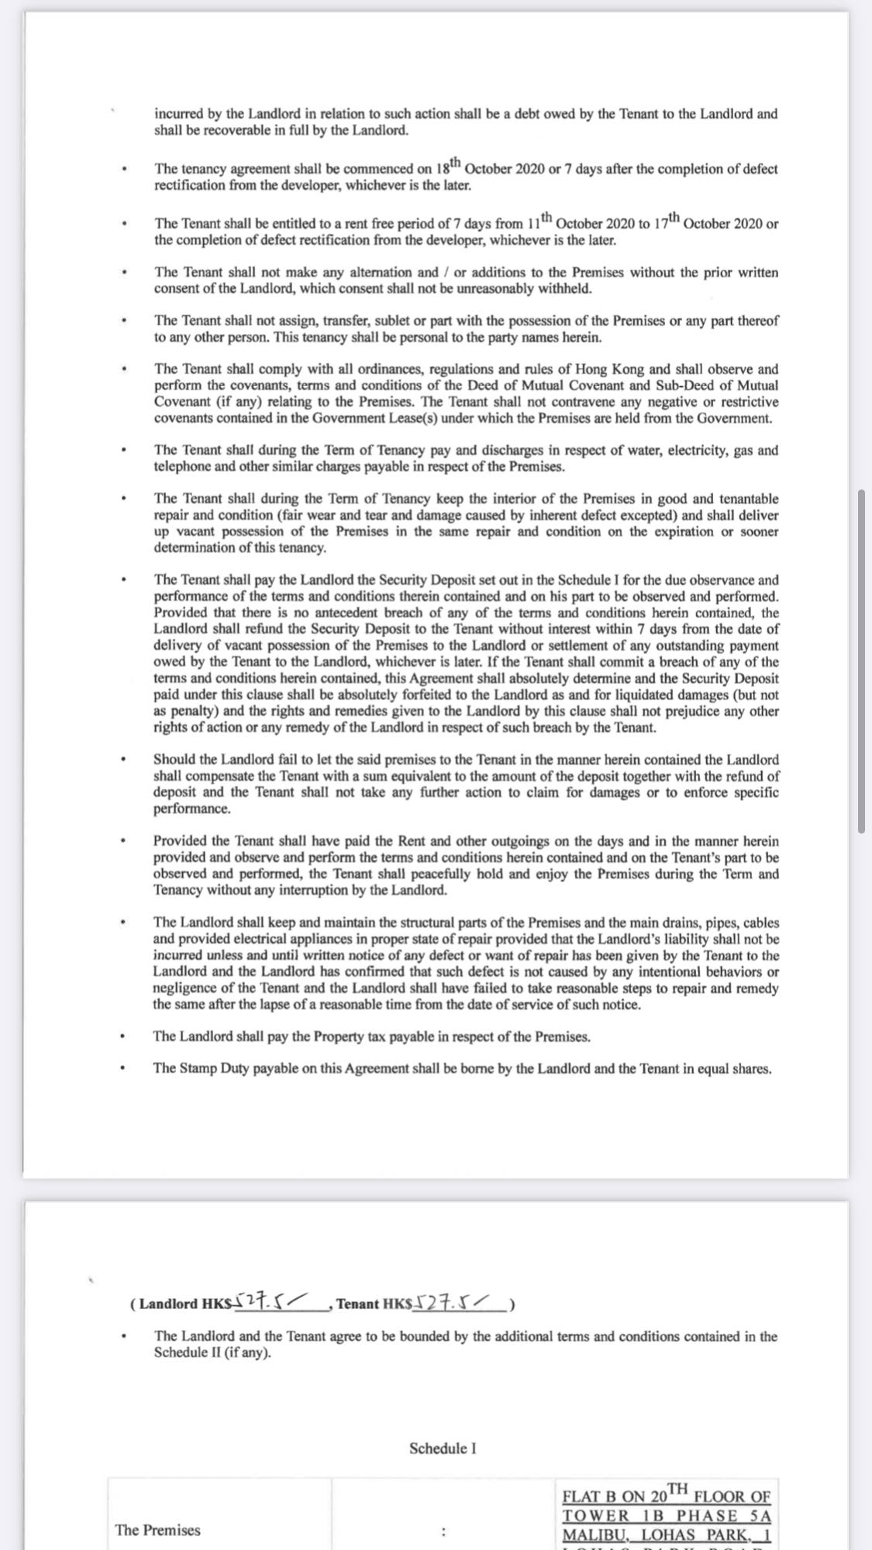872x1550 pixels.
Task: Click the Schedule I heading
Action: tap(443, 1448)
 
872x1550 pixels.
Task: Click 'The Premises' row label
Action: tap(157, 1530)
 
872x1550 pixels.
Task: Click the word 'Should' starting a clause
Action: tap(174, 760)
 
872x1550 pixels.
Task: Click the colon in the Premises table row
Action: tap(443, 1531)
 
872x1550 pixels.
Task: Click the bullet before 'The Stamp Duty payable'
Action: tap(122, 1069)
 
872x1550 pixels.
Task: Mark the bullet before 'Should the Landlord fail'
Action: tap(122, 760)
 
